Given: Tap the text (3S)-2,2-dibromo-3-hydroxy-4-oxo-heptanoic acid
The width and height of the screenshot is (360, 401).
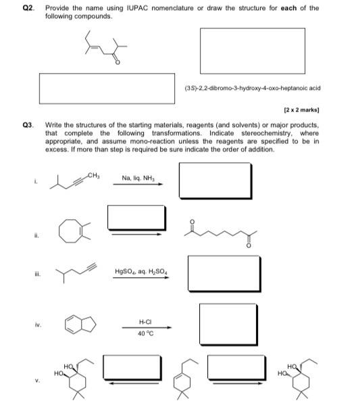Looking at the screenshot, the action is pyautogui.click(x=252, y=88).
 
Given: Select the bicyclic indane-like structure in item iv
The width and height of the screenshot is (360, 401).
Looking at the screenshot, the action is pyautogui.click(x=76, y=326).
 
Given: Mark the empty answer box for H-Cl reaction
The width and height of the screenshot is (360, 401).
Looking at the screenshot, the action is pyautogui.click(x=226, y=325).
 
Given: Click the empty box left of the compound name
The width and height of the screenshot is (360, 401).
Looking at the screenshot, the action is pyautogui.click(x=109, y=88).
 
